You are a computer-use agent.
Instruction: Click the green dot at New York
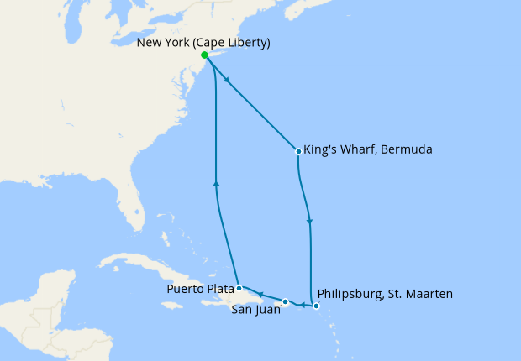pos(205,55)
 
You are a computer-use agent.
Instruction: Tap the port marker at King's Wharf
pos(298,151)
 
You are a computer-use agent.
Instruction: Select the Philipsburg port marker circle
pos(316,306)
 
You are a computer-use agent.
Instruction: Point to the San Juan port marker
pos(286,301)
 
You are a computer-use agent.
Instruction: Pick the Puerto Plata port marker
pos(239,288)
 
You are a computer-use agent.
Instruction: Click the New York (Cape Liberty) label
pos(203,41)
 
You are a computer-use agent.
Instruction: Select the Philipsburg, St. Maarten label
pos(387,294)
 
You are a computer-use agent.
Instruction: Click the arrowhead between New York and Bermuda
pos(228,80)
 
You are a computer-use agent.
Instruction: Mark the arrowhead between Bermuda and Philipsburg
pos(310,222)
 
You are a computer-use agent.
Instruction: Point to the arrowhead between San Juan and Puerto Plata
pos(260,294)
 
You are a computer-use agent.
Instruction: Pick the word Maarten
pos(428,294)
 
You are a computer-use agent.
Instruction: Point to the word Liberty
pos(249,41)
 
